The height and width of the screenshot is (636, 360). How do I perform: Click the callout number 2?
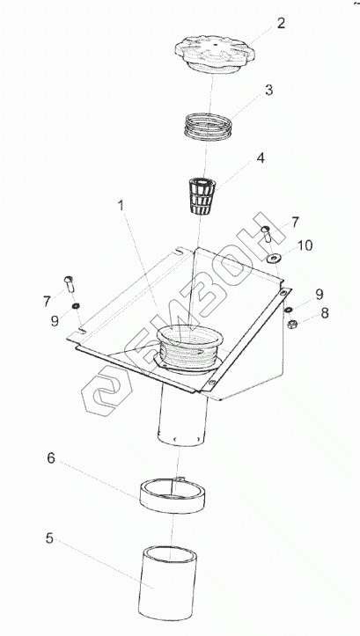point(282,24)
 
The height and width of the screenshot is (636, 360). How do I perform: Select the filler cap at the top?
point(214,55)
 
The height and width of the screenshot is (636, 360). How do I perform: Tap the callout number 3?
point(269,91)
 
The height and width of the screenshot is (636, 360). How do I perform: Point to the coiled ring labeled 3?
point(209,127)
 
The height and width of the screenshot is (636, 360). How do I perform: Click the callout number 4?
point(261,158)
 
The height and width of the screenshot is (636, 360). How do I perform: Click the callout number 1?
point(121,206)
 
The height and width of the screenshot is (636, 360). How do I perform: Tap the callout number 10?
point(305,245)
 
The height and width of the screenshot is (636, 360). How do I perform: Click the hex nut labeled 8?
point(291,324)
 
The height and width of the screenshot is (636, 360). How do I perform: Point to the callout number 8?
point(325,313)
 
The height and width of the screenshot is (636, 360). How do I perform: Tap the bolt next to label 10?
point(266,234)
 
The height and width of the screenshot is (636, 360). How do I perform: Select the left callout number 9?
point(55,321)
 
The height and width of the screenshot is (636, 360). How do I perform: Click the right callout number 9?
point(320,295)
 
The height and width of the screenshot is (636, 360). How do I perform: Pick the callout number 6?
point(51,458)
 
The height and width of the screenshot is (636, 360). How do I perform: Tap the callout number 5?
point(49,539)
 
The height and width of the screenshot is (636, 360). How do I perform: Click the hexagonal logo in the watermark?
point(107,391)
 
